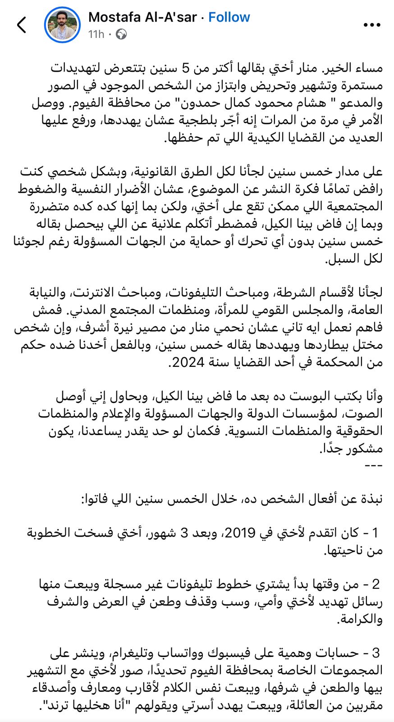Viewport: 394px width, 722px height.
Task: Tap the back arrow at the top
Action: (22, 25)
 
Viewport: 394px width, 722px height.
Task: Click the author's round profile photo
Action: (62, 25)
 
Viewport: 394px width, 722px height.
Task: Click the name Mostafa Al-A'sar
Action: (142, 17)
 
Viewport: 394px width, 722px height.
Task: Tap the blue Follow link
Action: (229, 17)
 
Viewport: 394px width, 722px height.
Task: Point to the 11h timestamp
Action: (96, 34)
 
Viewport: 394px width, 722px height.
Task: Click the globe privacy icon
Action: (121, 34)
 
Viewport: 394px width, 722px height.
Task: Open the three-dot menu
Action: (372, 25)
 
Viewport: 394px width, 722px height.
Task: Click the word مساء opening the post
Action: (367, 68)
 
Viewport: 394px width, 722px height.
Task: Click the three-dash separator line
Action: (372, 465)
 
